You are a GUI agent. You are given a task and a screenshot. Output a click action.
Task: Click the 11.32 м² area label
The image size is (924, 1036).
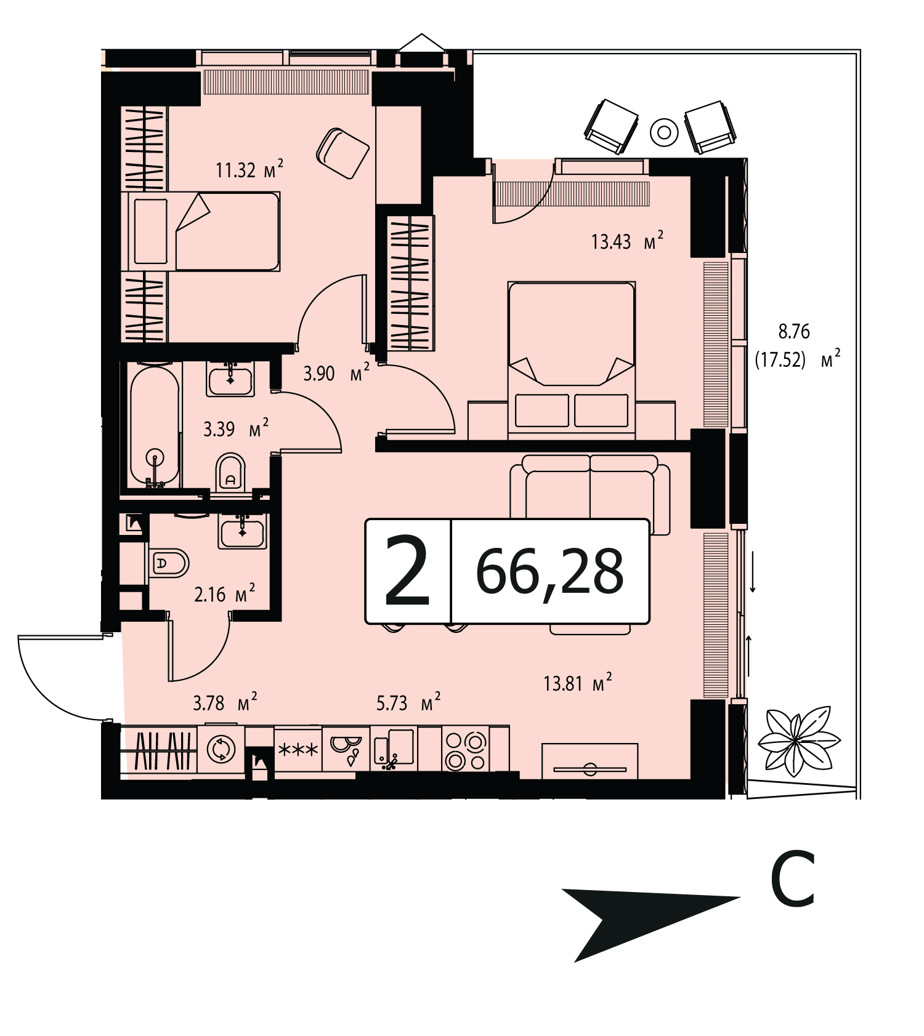(x=249, y=169)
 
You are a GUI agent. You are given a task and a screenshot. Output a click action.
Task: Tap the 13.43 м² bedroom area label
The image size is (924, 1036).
(x=627, y=241)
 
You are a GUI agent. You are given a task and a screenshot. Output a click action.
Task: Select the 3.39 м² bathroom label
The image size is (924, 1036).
(x=236, y=428)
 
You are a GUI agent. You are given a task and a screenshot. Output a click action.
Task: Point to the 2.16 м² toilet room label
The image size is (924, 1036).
(x=225, y=593)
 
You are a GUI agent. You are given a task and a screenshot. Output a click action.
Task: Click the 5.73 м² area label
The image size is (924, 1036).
(x=408, y=702)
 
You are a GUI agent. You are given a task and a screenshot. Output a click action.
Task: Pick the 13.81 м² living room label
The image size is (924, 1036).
(x=578, y=683)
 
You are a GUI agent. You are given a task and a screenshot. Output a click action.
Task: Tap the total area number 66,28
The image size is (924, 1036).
(x=549, y=571)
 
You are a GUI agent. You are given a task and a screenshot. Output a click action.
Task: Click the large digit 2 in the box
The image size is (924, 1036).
(x=407, y=571)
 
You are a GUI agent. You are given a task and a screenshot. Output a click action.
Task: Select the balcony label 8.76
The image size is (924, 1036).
(x=794, y=331)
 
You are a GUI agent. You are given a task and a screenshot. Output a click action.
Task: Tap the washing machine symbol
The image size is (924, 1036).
(x=221, y=749)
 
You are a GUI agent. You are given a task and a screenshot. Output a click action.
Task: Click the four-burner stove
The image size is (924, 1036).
(x=465, y=750)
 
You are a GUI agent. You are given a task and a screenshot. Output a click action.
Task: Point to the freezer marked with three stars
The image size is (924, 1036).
(x=298, y=750)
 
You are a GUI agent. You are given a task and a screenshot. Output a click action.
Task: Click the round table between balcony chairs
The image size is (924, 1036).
(x=664, y=132)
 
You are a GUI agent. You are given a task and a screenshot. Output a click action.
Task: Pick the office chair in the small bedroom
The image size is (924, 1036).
(x=342, y=153)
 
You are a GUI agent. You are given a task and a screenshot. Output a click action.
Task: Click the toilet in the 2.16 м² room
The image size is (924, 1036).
(x=168, y=563)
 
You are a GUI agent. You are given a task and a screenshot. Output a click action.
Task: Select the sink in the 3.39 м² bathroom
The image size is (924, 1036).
(x=230, y=379)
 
